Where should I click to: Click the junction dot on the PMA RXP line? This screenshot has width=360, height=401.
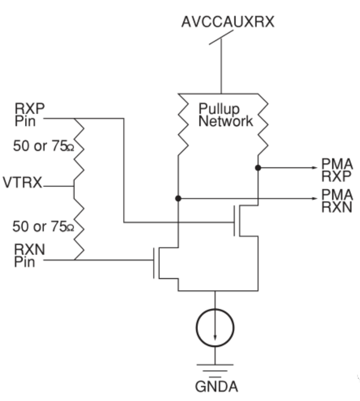[x=258, y=168]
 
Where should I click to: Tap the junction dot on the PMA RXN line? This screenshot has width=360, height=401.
[x=178, y=198]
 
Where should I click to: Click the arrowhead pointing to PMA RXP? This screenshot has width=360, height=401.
[x=313, y=168]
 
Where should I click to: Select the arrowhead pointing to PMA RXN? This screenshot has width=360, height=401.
[x=313, y=198]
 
